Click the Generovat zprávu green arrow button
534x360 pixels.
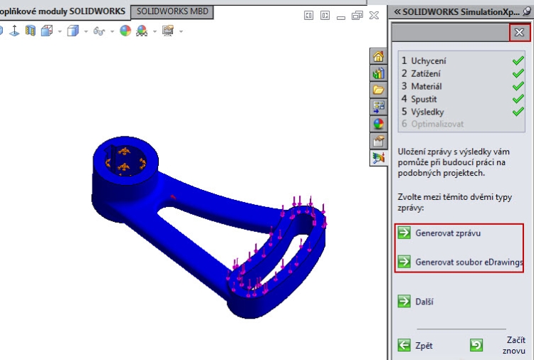tap(404, 233)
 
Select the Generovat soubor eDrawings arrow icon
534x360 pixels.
tap(404, 262)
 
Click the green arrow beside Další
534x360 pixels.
tap(404, 302)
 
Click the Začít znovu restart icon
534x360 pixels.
tap(476, 346)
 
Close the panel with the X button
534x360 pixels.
tap(519, 32)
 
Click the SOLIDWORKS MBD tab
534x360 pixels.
tap(172, 12)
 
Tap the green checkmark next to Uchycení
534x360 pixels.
tap(518, 61)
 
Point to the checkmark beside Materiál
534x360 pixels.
tap(518, 86)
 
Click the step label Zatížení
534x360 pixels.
tap(426, 73)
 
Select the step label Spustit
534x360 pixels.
tap(424, 99)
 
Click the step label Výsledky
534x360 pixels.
tap(426, 112)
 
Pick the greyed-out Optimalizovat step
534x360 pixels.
tap(436, 124)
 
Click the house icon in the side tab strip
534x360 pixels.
tap(379, 58)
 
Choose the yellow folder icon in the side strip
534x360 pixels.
tap(379, 90)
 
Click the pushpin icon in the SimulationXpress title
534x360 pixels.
tap(526, 12)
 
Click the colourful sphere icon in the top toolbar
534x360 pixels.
tap(125, 31)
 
